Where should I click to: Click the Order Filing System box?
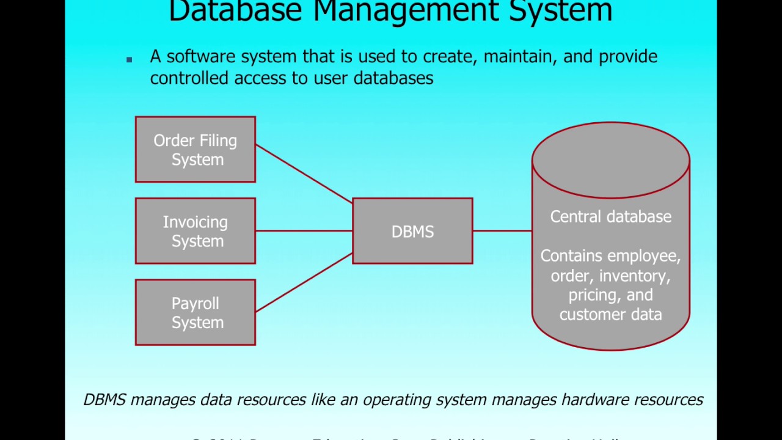(x=195, y=150)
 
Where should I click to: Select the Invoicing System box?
(x=195, y=231)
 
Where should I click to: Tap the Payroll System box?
(x=195, y=312)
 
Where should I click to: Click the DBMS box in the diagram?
(x=412, y=231)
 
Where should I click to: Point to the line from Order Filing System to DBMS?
(x=304, y=174)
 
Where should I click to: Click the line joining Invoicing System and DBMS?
(x=304, y=231)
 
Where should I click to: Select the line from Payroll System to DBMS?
(x=304, y=283)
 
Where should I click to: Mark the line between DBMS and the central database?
(x=502, y=231)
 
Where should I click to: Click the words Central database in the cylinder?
(x=610, y=217)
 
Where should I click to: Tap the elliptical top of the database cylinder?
(x=610, y=160)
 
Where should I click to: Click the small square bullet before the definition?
(x=130, y=59)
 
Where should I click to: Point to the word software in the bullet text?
(x=201, y=57)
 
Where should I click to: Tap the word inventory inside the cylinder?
(x=634, y=276)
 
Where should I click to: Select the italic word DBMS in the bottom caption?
(x=104, y=400)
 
